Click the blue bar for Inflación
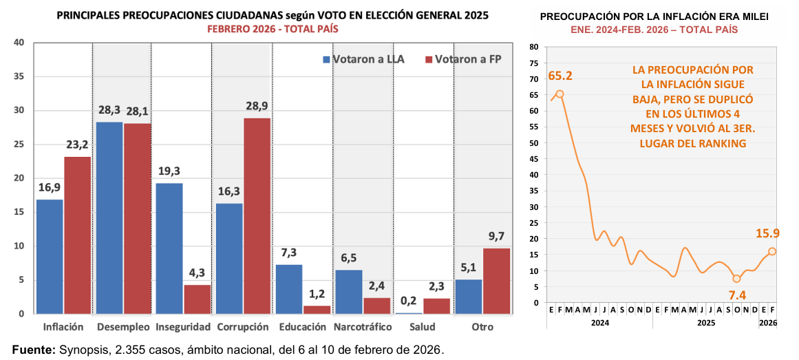click(50, 256)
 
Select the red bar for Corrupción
click(257, 215)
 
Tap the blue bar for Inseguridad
click(169, 248)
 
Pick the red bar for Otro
click(496, 281)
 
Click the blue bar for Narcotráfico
click(348, 291)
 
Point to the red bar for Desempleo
click(138, 218)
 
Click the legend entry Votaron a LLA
click(363, 59)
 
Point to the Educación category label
click(302, 326)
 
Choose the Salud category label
click(422, 326)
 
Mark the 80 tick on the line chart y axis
click(534, 47)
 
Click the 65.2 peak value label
click(560, 76)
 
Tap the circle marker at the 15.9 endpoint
click(772, 251)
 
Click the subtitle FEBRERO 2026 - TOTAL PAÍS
click(273, 28)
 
